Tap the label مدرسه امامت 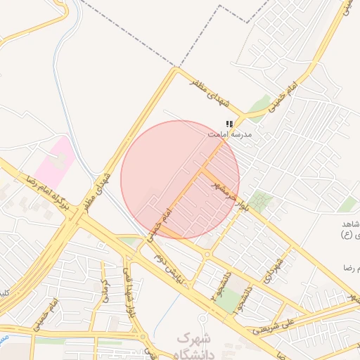[x=230, y=133]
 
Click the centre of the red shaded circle [x=180, y=179]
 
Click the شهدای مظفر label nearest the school [x=212, y=92]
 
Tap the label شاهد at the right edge [x=349, y=223]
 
